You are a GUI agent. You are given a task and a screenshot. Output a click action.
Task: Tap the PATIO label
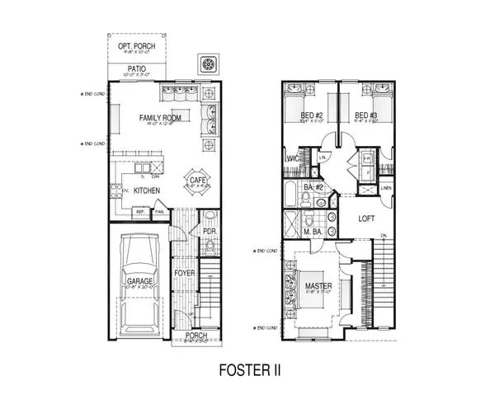[138, 69]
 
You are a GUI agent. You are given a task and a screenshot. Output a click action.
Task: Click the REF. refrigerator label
[141, 212]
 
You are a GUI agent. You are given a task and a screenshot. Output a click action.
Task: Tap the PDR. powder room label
[209, 233]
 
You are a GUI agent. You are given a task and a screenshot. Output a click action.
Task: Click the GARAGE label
[139, 281]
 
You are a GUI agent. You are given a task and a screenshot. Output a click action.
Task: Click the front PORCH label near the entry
[196, 336]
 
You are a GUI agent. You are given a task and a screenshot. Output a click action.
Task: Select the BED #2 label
[310, 115]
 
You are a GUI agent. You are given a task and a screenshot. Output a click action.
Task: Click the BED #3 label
[365, 115]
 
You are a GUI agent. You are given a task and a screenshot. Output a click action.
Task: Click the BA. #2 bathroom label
[313, 188]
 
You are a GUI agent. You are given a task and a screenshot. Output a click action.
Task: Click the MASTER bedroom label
[322, 286]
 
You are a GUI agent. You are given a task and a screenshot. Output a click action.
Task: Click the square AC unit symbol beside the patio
[208, 65]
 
